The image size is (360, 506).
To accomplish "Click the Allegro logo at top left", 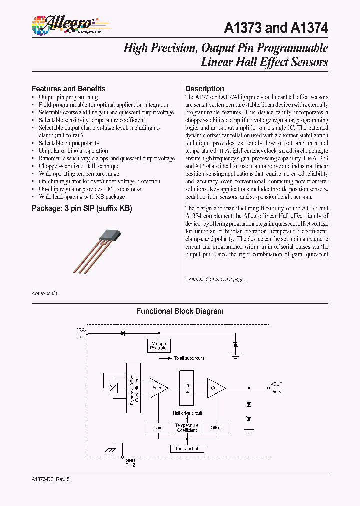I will click(x=62, y=24).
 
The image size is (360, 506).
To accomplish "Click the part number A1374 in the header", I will click(x=309, y=28).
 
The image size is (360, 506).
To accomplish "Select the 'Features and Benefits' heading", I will click(x=68, y=89).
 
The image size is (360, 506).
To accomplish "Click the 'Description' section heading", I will click(x=204, y=89).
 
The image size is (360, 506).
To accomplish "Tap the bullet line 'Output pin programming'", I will click(x=68, y=97).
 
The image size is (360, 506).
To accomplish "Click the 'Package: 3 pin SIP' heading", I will click(x=82, y=208).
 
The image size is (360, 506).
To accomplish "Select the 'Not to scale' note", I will click(x=44, y=293).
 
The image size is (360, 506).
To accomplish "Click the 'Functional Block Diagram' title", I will click(x=180, y=311).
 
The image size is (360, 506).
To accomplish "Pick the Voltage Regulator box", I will click(x=159, y=345).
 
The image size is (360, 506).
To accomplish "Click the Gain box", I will click(x=158, y=428).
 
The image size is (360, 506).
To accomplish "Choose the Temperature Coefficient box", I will click(x=187, y=428).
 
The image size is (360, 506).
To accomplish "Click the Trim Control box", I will click(x=187, y=448).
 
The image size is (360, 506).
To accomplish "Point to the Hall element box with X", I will click(x=113, y=388).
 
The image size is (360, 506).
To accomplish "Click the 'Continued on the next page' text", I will click(x=216, y=280).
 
